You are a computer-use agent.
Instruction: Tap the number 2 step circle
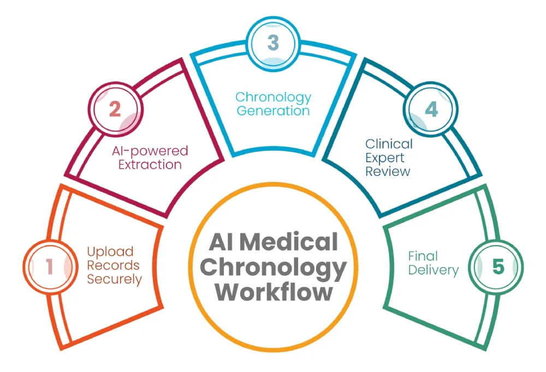coord(114,110)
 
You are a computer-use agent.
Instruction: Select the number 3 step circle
coord(272,43)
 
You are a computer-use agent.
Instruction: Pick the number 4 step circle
coord(431,110)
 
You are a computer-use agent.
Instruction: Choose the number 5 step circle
coord(497,267)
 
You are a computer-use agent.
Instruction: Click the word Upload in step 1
coord(110,252)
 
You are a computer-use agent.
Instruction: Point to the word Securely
coord(115,280)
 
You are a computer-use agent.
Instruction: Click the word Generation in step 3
coord(273,111)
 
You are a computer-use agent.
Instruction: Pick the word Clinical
coord(389,144)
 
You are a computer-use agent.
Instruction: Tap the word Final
coord(423,256)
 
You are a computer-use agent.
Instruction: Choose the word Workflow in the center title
coord(274,292)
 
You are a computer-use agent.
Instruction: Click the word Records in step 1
coord(114,266)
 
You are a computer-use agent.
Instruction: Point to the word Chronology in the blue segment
coord(273,97)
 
